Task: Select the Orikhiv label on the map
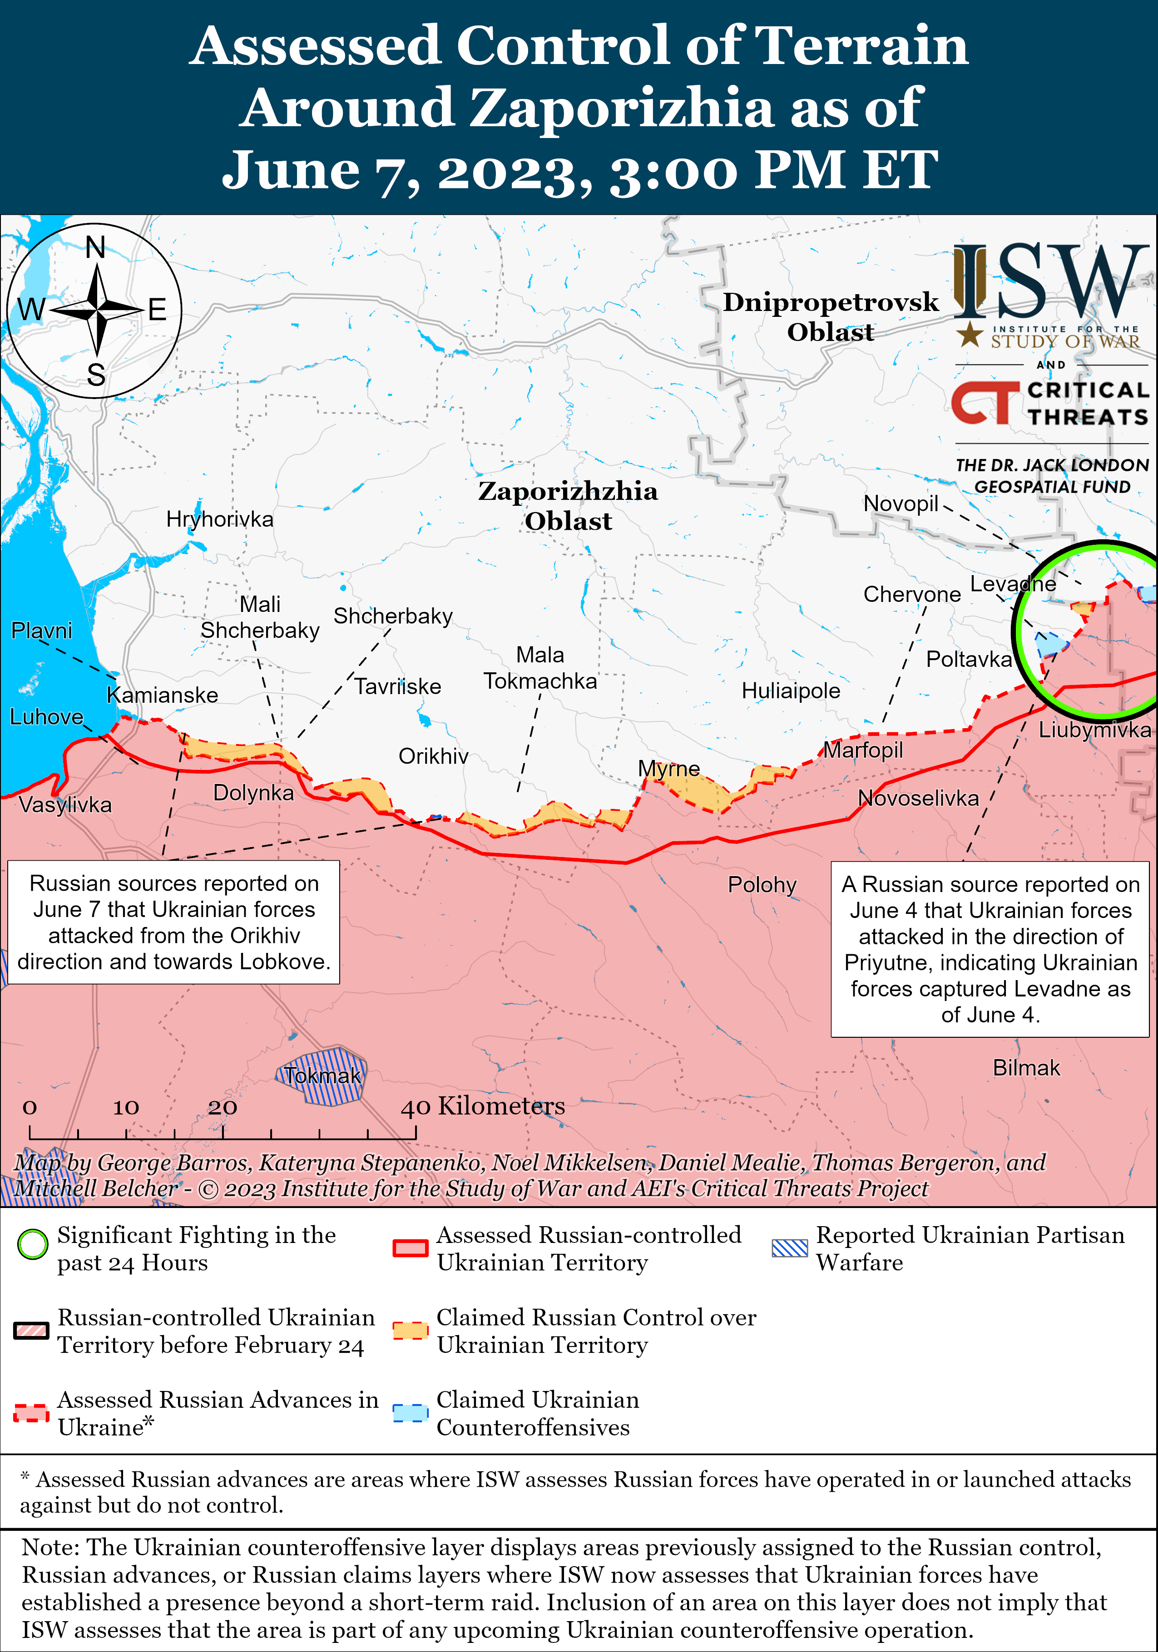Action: pos(433,756)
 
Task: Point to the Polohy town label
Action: pos(762,884)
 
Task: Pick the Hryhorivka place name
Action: pos(219,519)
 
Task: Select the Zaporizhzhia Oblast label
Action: pos(568,506)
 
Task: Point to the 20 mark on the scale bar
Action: pos(223,1107)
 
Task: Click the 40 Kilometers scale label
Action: pos(482,1106)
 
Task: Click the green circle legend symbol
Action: pos(32,1245)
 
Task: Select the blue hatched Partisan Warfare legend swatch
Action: pos(790,1248)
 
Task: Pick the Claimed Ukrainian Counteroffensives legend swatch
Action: pos(411,1413)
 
